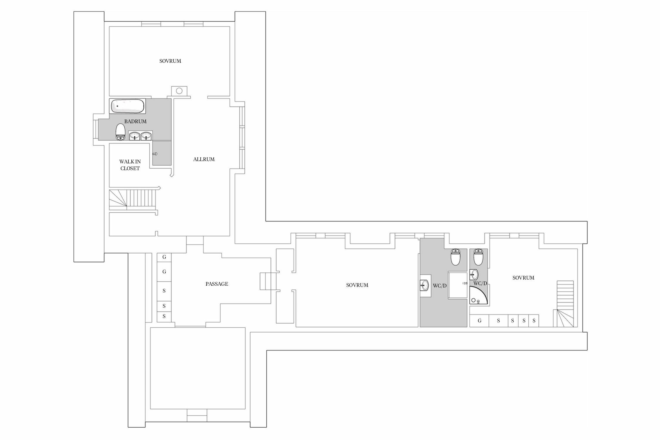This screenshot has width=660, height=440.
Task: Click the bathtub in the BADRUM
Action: click(x=128, y=106)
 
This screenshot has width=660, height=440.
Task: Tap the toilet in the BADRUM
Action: click(x=120, y=132)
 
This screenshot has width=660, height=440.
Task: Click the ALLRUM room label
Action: click(x=204, y=159)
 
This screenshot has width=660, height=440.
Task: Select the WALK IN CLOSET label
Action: click(x=130, y=165)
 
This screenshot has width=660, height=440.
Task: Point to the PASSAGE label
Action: click(x=217, y=284)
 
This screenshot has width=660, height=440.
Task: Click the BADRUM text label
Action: click(x=135, y=121)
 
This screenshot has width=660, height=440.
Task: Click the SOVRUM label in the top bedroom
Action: click(x=170, y=61)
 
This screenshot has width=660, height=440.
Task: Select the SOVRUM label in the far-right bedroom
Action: click(x=523, y=278)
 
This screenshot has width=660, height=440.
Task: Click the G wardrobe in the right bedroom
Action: click(x=479, y=321)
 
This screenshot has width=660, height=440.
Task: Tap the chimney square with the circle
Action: click(x=179, y=91)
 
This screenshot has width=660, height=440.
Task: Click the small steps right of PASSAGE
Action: click(x=268, y=281)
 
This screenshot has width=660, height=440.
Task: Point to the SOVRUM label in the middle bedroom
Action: click(x=357, y=285)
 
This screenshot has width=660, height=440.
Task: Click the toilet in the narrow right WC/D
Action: click(x=478, y=257)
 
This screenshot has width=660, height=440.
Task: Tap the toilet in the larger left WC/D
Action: click(x=455, y=257)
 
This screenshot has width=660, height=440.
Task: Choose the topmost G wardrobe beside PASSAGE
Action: click(x=164, y=257)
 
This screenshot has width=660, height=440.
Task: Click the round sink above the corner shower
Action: click(x=474, y=275)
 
